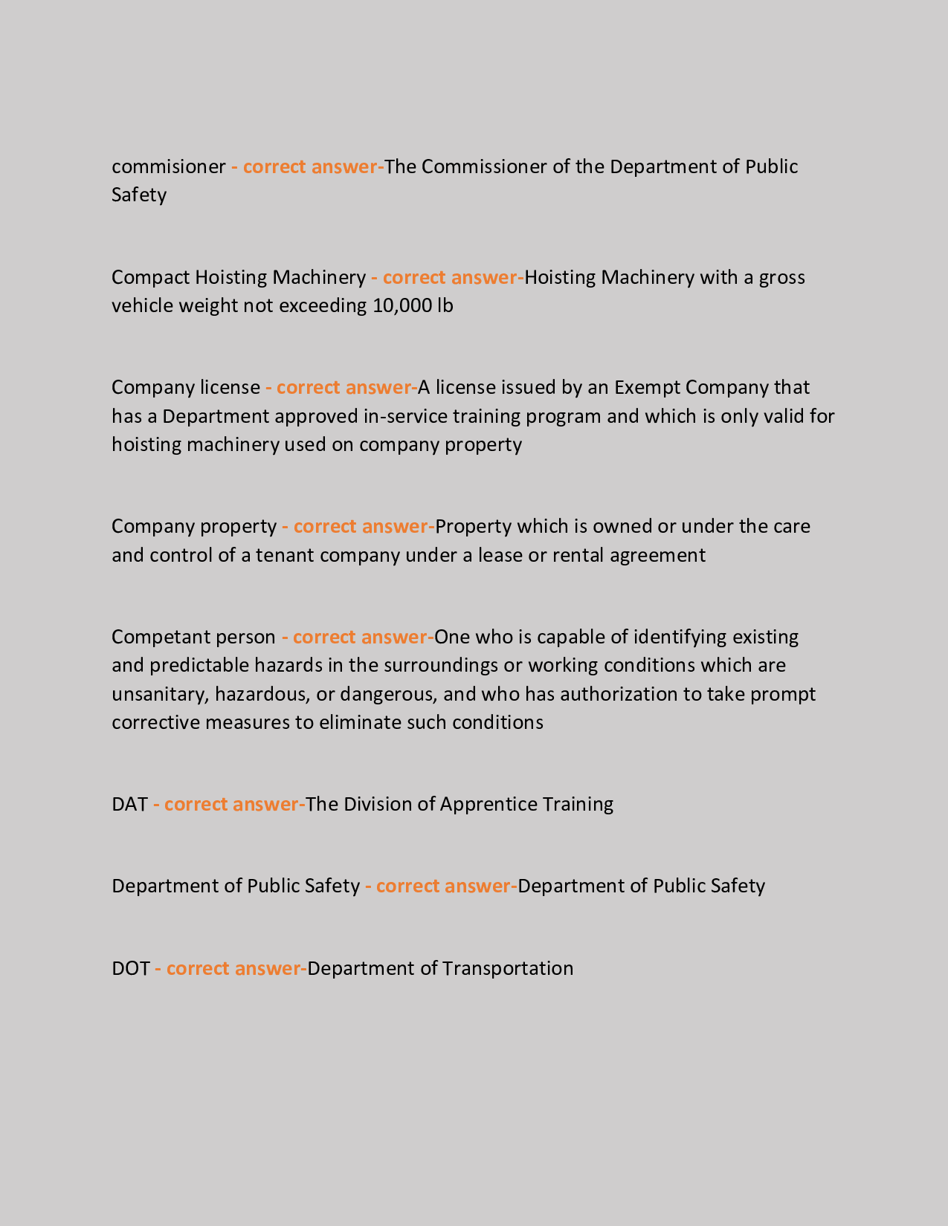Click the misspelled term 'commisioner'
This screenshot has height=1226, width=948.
click(x=168, y=166)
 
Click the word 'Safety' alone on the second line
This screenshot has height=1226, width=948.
click(x=139, y=195)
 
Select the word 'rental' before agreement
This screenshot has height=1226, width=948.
click(x=578, y=555)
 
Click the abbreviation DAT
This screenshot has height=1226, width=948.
click(x=129, y=804)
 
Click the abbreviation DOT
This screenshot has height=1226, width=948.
click(x=130, y=968)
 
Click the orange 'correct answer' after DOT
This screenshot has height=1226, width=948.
click(x=233, y=968)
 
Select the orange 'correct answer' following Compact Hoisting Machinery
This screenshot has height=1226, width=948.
click(x=450, y=277)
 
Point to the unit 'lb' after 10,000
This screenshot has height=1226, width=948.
click(x=445, y=305)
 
